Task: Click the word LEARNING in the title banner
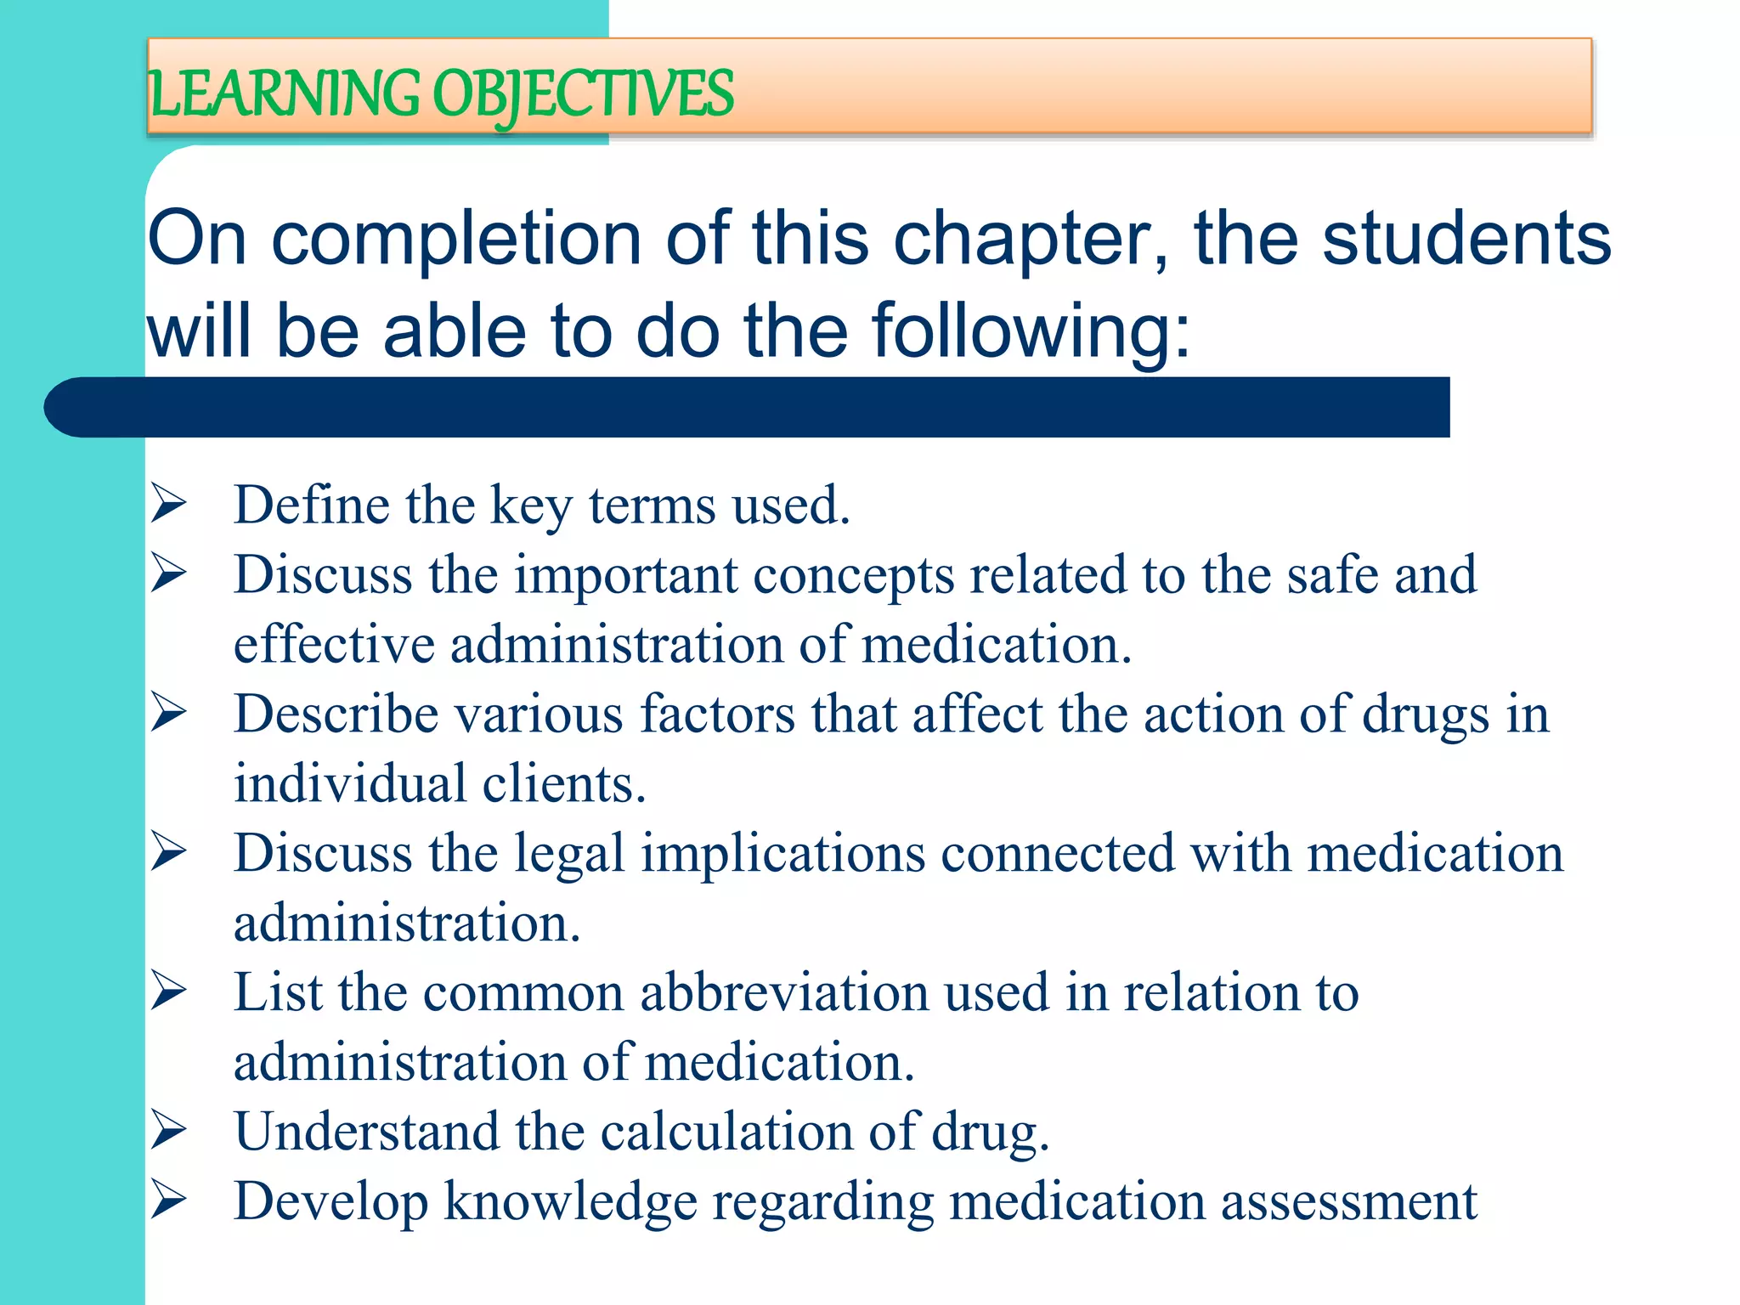coord(284,93)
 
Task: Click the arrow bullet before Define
coord(168,503)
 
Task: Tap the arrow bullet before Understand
coord(168,1130)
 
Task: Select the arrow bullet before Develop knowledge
coord(168,1200)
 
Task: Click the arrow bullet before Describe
coord(168,712)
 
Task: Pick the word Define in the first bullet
coord(311,505)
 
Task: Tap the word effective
coord(334,644)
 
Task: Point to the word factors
coord(717,714)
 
